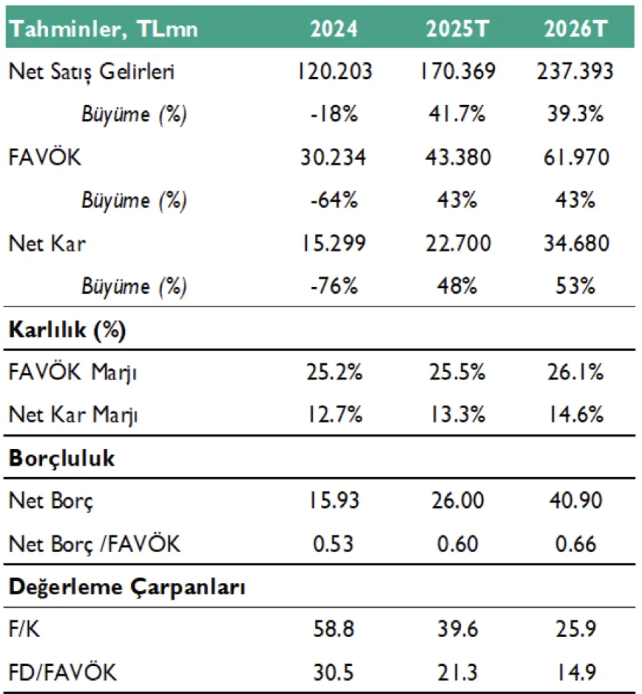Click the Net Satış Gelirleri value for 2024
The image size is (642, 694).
click(333, 72)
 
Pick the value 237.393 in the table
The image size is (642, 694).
click(574, 72)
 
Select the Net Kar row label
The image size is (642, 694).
click(47, 244)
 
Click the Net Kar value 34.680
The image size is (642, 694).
click(574, 244)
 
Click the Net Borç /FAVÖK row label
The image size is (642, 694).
click(94, 543)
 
